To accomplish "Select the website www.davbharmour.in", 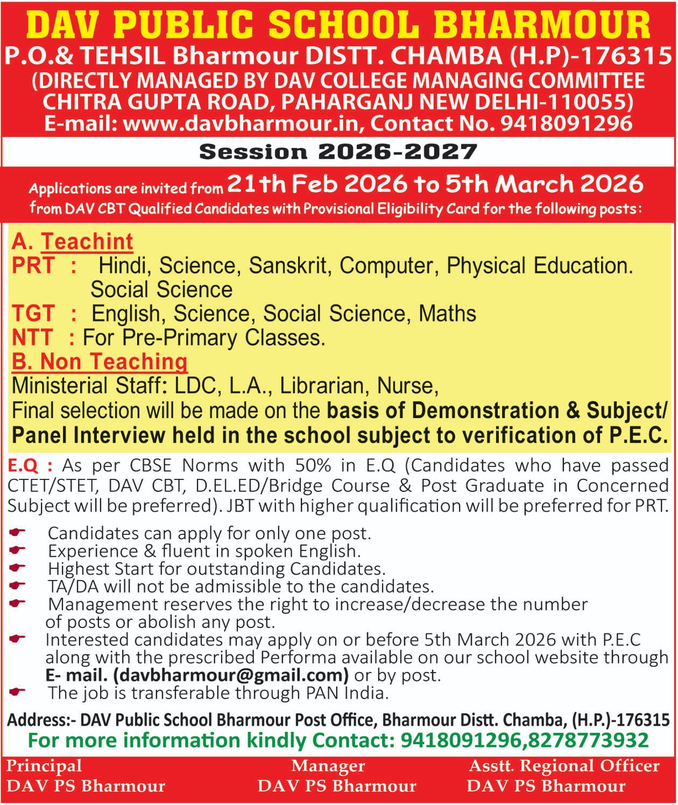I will (241, 124).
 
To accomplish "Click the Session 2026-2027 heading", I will (338, 152).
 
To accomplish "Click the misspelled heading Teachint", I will (87, 242).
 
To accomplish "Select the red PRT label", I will (33, 265).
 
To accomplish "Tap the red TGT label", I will (33, 313).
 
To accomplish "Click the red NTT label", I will (32, 337).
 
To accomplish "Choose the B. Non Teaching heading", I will (100, 362).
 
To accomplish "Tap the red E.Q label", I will (23, 465).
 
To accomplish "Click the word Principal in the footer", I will (44, 766).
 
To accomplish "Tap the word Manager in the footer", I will (328, 766).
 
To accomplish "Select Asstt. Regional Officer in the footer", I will (564, 766).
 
